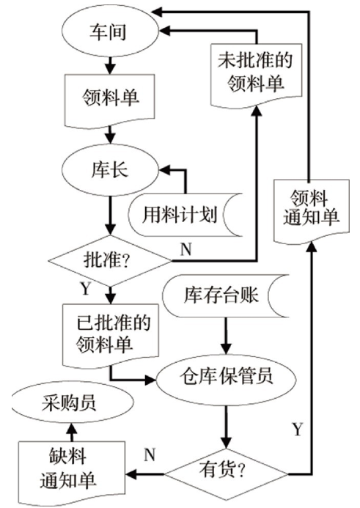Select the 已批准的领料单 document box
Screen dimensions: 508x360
tap(109, 334)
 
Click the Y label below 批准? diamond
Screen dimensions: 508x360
tap(85, 287)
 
